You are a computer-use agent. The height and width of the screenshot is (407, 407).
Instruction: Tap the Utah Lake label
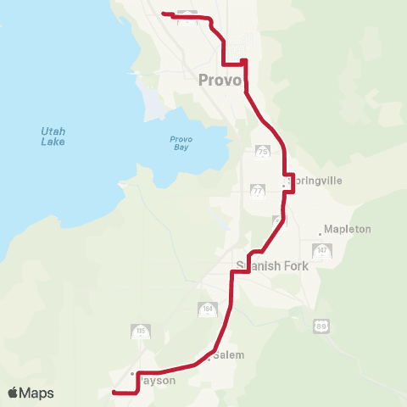[x=53, y=136]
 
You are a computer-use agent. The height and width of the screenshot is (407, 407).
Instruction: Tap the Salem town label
[x=228, y=354]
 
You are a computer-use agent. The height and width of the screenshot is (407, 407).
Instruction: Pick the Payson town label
[x=157, y=380]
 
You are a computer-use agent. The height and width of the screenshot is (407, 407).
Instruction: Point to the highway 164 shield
[x=207, y=309]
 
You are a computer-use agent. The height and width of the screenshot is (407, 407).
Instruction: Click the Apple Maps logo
[x=31, y=393]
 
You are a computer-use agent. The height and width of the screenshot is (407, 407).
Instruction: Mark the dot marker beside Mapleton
[x=321, y=231]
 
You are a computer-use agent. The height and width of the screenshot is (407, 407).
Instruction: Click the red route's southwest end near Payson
[x=114, y=393]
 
